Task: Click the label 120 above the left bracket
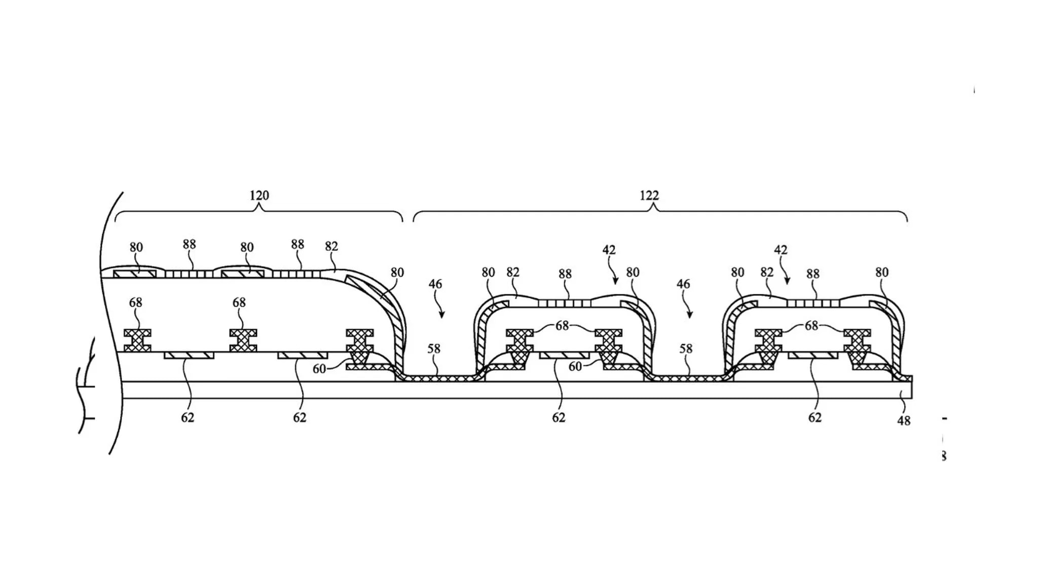tap(259, 196)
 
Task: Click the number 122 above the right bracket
tap(649, 196)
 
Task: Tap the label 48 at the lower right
tap(904, 420)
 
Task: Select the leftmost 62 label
tap(188, 417)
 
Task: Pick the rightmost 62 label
tap(814, 417)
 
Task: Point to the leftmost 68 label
tap(135, 302)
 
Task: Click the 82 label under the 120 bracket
tap(331, 246)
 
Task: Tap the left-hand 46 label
tap(435, 284)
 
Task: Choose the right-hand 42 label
tap(781, 250)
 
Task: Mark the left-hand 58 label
tap(434, 349)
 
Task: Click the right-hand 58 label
tap(686, 349)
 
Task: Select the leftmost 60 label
tap(319, 369)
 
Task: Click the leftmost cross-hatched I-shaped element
tap(137, 340)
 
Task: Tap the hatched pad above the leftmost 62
tap(189, 356)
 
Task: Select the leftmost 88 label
tap(189, 244)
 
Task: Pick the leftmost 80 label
tap(136, 247)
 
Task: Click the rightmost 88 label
tap(813, 274)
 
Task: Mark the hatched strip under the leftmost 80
tap(135, 274)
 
